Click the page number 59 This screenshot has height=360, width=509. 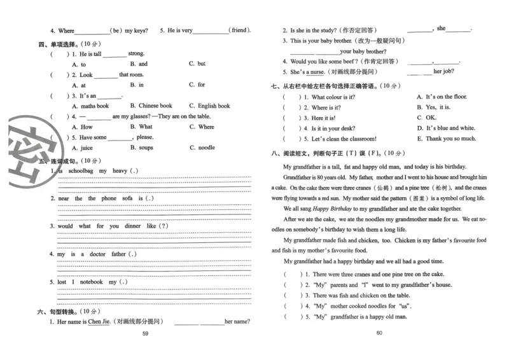pyautogui.click(x=145, y=333)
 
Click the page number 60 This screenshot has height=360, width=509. pyautogui.click(x=379, y=333)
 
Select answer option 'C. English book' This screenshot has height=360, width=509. pyautogui.click(x=209, y=106)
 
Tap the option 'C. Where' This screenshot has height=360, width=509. pyautogui.click(x=202, y=127)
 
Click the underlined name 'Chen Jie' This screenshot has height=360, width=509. pyautogui.click(x=99, y=321)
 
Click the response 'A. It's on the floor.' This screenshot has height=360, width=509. pyautogui.click(x=442, y=97)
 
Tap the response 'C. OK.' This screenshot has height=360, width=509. pyautogui.click(x=427, y=118)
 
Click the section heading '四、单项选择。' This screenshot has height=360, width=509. pyautogui.click(x=59, y=44)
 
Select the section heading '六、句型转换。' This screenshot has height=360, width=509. pyautogui.click(x=59, y=311)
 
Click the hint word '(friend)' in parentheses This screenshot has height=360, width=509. pyautogui.click(x=240, y=30)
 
